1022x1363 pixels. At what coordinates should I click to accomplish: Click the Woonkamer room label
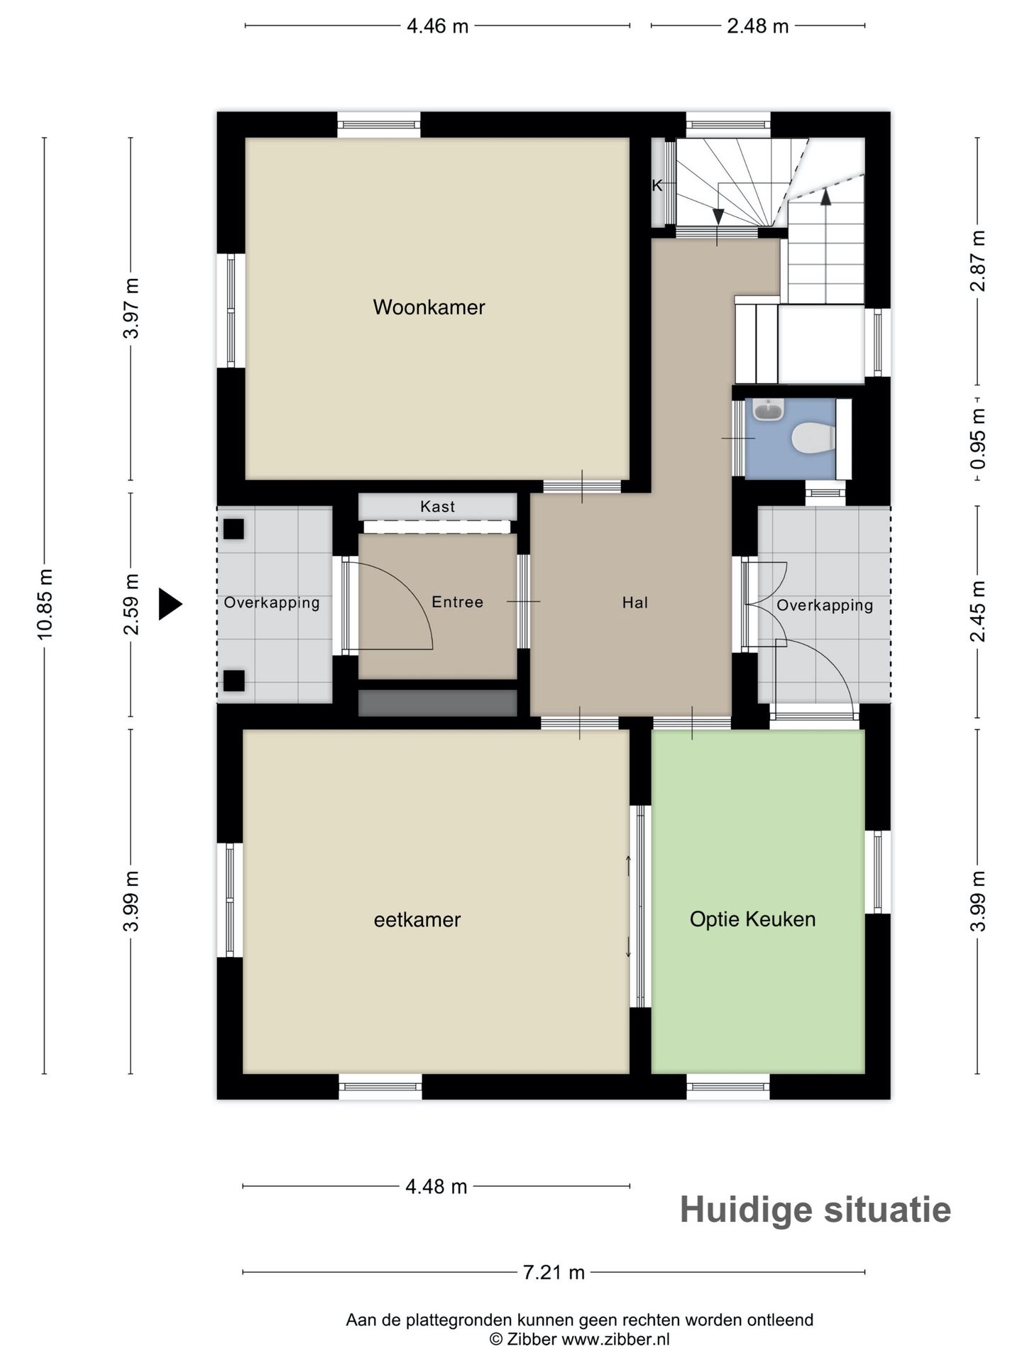429,307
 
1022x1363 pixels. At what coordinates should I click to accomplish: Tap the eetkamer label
417,919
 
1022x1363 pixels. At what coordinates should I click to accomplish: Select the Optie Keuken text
752,919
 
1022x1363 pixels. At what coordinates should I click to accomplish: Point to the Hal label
635,603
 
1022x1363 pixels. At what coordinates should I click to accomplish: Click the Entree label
458,602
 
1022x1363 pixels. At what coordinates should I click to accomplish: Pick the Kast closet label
438,506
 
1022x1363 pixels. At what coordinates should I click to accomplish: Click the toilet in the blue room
813,437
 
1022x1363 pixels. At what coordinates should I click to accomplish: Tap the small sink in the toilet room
768,410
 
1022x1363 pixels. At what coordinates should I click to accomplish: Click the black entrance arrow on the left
170,604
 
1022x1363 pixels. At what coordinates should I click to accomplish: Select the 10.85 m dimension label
45,603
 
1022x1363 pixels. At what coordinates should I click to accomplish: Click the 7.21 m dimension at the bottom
554,1272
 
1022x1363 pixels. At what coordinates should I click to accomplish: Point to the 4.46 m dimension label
437,26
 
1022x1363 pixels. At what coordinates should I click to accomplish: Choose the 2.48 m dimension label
758,26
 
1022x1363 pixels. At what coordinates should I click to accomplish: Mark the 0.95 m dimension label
978,439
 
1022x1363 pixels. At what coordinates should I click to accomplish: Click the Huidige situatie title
815,1210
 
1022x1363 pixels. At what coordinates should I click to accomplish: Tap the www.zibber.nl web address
615,1339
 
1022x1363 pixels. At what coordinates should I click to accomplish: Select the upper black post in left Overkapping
234,529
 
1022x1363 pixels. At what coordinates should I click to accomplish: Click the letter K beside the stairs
657,186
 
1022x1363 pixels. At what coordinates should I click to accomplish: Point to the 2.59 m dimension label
131,604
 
